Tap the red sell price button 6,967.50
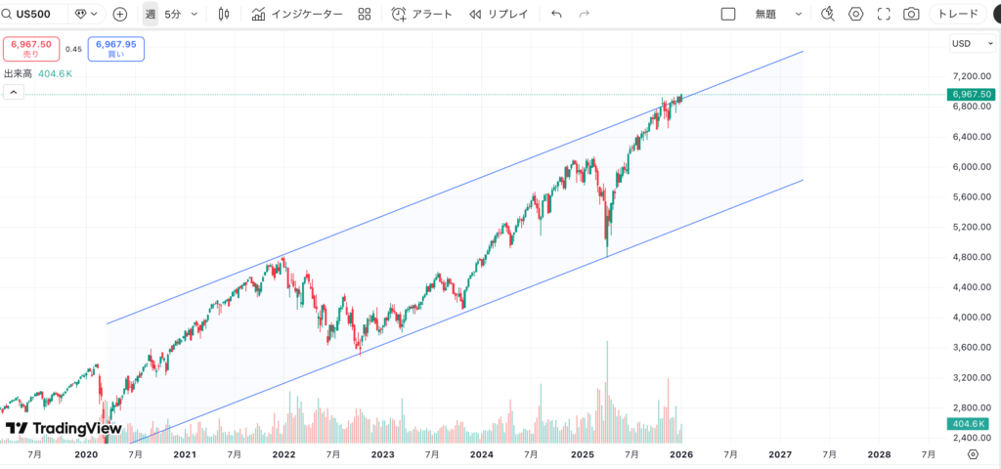click(30, 49)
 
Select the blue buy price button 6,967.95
click(115, 49)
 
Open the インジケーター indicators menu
click(297, 15)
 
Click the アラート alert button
click(422, 15)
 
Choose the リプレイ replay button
click(499, 15)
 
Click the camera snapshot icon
click(911, 15)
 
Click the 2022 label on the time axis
click(284, 454)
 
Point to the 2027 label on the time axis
click(780, 454)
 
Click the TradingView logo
click(64, 429)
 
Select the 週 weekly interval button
click(150, 15)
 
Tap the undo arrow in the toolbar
click(556, 15)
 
